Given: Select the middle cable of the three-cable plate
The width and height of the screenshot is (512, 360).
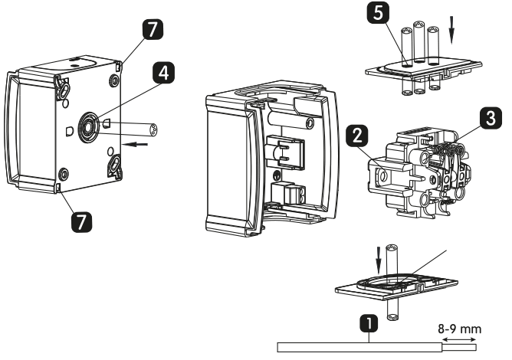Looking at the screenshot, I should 418,42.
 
